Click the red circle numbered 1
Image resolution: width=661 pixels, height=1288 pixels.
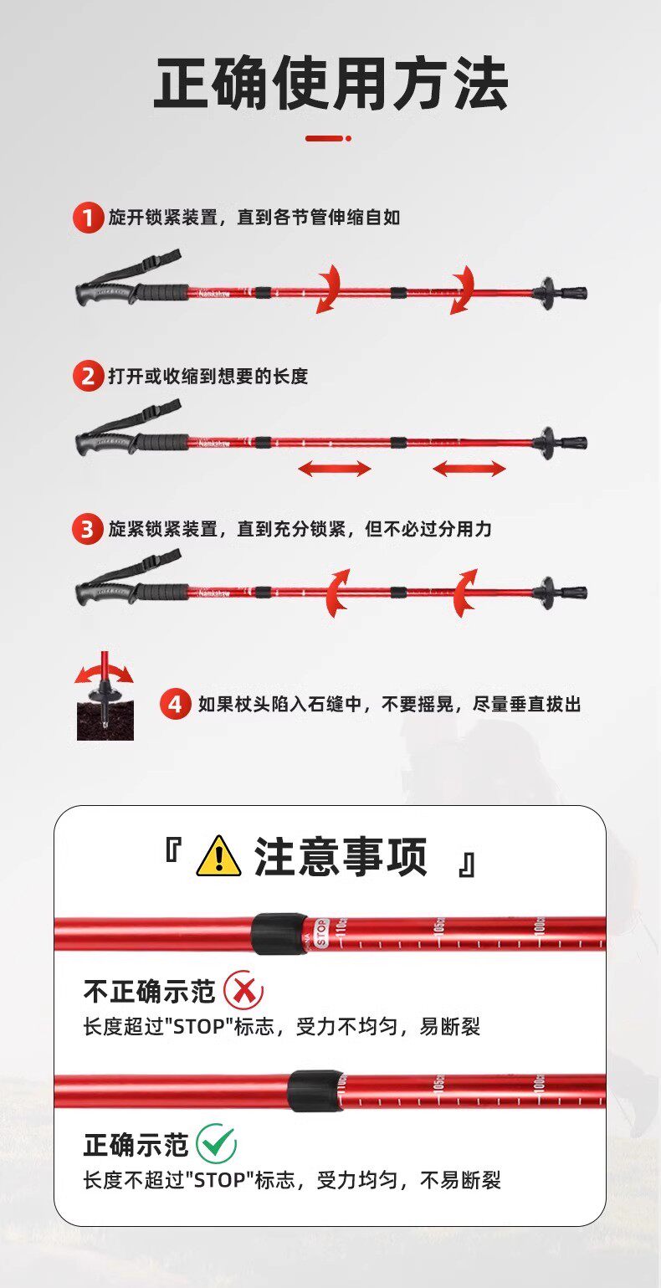pyautogui.click(x=88, y=218)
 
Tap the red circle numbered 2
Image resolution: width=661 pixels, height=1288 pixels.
pyautogui.click(x=88, y=376)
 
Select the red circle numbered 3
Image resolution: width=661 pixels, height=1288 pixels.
pyautogui.click(x=87, y=528)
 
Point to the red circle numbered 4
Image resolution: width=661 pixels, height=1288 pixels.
pyautogui.click(x=176, y=705)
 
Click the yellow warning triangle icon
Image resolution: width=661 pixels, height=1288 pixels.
pyautogui.click(x=218, y=857)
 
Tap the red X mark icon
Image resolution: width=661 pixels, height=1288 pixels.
pyautogui.click(x=243, y=990)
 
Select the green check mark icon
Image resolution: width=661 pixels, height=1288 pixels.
pyautogui.click(x=216, y=1143)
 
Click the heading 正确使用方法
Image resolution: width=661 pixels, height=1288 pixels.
pyautogui.click(x=330, y=84)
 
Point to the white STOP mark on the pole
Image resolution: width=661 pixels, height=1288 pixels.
pyautogui.click(x=321, y=932)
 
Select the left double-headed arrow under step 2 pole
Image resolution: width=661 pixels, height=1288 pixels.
pyautogui.click(x=335, y=468)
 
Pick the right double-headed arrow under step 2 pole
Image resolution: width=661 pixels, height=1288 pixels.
pyautogui.click(x=469, y=468)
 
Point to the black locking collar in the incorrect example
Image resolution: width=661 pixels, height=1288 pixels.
pyautogui.click(x=279, y=934)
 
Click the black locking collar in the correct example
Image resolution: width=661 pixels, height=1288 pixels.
pyautogui.click(x=315, y=1090)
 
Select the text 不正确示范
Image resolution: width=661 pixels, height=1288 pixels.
pyautogui.click(x=150, y=991)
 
